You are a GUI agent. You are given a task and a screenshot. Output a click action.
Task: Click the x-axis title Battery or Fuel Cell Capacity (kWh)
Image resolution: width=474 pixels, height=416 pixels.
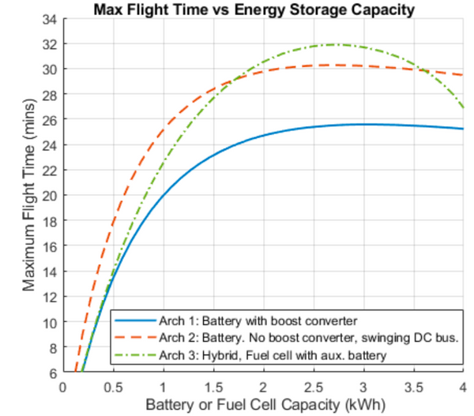click(x=262, y=404)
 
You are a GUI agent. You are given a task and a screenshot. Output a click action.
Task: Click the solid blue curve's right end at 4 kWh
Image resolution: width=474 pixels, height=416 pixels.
click(x=463, y=129)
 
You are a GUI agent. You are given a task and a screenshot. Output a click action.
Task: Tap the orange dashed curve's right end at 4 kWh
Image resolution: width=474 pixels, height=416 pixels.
click(x=463, y=75)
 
